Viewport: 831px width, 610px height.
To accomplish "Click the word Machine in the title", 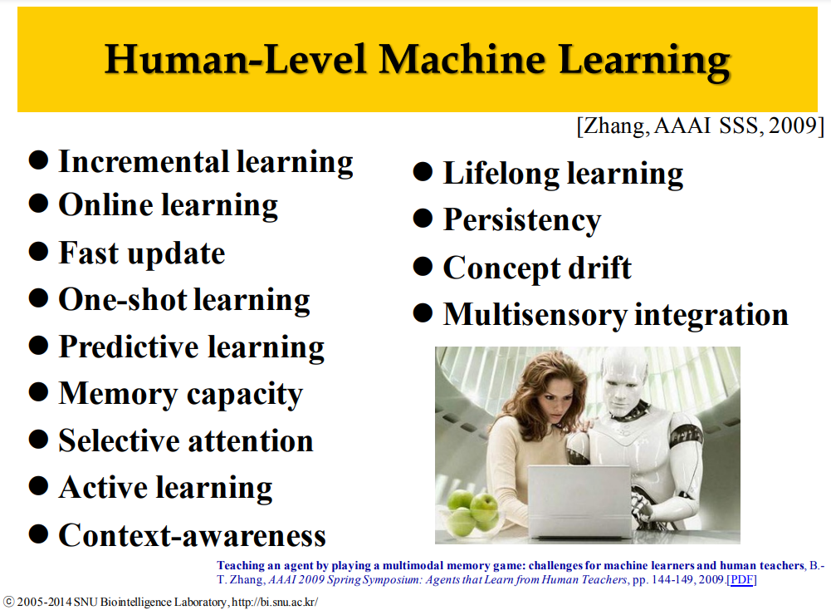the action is coord(462,58).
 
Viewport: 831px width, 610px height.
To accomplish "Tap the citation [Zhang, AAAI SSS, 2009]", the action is coord(701,126).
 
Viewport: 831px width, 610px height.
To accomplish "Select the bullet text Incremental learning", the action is coord(206,163).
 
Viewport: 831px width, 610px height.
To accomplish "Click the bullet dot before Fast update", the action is coord(39,251).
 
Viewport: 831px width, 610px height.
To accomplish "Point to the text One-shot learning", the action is coord(184,301).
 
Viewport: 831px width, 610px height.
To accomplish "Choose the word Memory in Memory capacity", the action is coord(118,395).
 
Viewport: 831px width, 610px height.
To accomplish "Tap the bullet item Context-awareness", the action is coord(192,535).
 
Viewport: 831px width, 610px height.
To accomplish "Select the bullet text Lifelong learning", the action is coord(563,175).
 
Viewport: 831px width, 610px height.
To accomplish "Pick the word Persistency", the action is coord(522,221).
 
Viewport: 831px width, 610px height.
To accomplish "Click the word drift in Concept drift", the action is coord(599,267).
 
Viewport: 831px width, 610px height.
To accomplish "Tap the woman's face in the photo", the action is coord(560,400).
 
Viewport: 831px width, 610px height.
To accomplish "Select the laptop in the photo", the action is coord(580,500).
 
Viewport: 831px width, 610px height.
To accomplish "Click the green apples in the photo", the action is coord(472,513).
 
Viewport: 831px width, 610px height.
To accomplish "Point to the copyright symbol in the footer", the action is coord(9,602).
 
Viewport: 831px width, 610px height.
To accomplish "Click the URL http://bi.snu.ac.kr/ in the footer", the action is coord(275,602).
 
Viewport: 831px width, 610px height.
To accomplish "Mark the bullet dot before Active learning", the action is coord(39,486).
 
